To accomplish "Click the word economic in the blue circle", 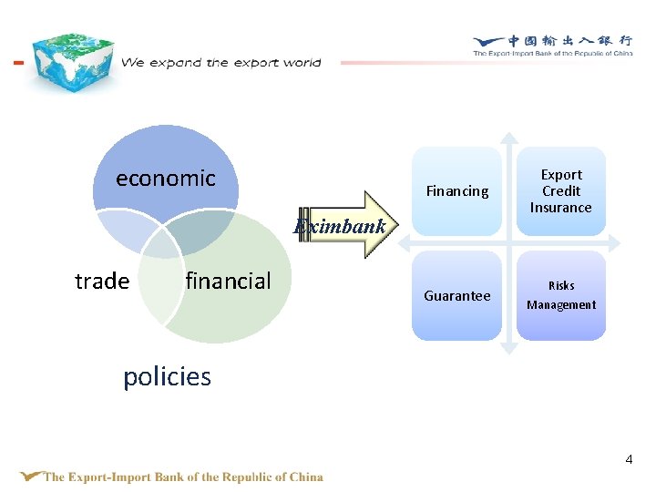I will coord(165,179).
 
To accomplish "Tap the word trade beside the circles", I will coord(102,282).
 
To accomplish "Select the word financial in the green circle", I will coord(228,282).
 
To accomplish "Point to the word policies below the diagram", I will coord(167,377).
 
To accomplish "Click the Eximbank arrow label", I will coord(340,227).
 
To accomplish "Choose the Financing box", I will coord(457,191).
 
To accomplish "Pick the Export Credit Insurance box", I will coord(561,191).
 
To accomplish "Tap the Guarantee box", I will coord(457,296).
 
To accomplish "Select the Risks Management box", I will coord(561,296).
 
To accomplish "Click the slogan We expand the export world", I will coord(221,63).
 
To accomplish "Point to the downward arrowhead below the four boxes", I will coord(510,347).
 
